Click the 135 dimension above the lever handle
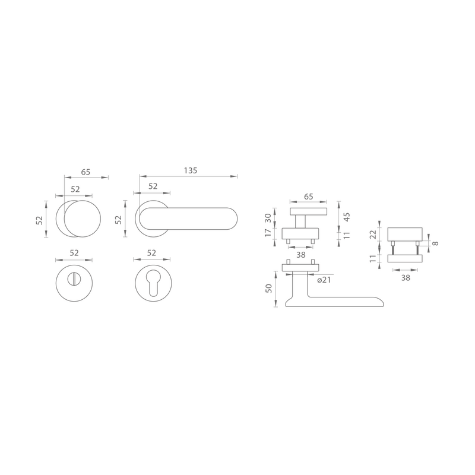pos(191,171)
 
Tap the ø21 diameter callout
pos(324,280)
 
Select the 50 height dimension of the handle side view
pos(269,289)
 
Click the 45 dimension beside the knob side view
pos(347,217)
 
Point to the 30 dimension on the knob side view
pos(268,218)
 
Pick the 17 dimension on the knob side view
pos(268,233)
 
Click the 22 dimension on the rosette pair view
pos(373,234)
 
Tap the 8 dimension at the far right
pos(435,243)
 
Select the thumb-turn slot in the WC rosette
pos(74,279)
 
